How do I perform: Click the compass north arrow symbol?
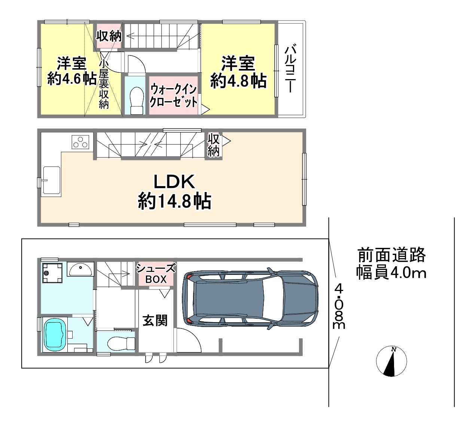pos(391,361)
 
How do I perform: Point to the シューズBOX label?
pos(156,274)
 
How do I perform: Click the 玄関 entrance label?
pos(155,321)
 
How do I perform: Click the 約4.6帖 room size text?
pos(72,79)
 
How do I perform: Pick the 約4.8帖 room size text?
pos(238,81)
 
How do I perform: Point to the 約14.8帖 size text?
pos(174,201)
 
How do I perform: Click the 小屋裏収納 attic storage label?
pos(103,84)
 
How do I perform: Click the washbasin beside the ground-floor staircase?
pos(80,269)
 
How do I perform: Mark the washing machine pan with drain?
pos(52,273)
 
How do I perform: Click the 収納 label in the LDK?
pos(213,145)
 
